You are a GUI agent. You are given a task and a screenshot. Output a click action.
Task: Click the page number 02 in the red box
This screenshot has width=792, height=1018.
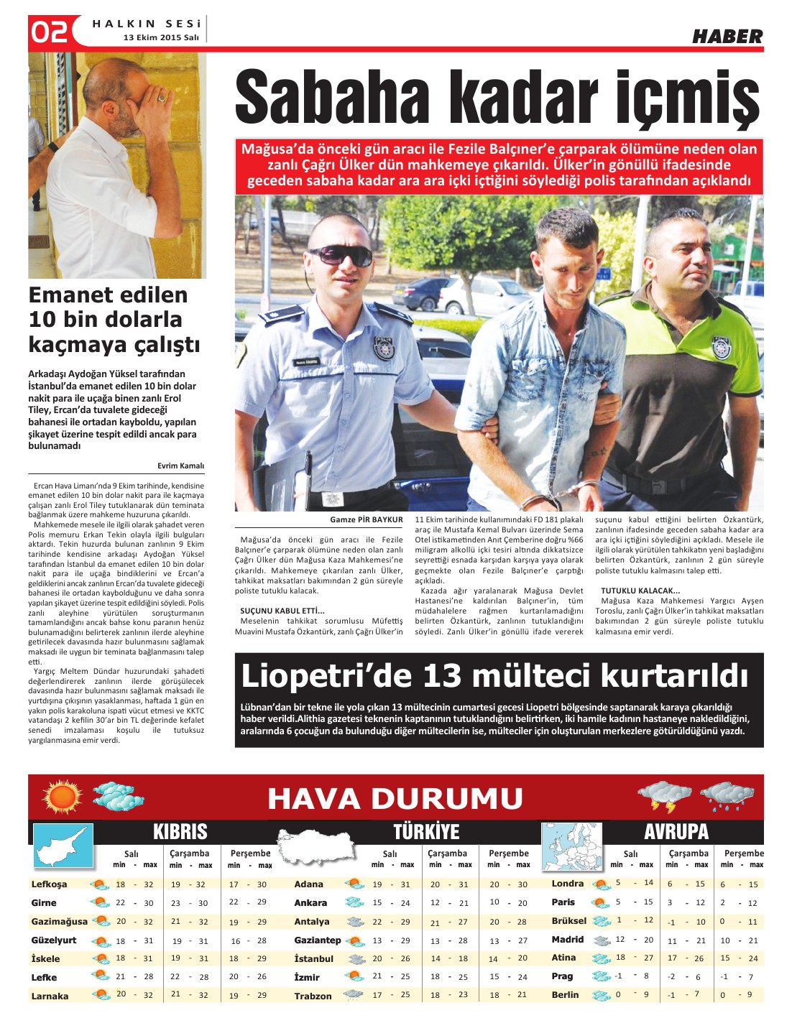pos(49,32)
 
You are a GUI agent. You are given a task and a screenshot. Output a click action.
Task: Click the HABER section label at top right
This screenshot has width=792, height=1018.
pos(727,36)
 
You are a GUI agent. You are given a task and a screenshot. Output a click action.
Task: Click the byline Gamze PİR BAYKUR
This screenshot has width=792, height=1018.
pos(366,519)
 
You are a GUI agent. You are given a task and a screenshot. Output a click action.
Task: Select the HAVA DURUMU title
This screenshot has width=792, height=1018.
pos(395,798)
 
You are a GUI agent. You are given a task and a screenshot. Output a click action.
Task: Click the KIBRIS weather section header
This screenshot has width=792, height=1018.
pos(180,832)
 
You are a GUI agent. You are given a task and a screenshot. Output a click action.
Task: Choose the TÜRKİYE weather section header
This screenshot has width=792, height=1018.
pos(425,832)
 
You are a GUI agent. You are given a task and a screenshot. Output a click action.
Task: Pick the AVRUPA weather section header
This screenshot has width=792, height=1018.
pos(676,832)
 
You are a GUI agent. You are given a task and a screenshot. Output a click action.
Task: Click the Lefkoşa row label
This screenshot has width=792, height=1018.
pos(49,884)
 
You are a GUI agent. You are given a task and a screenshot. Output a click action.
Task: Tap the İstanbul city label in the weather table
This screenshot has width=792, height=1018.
pos(313,959)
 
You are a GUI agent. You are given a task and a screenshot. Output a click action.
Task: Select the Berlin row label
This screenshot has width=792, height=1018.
pos(565,995)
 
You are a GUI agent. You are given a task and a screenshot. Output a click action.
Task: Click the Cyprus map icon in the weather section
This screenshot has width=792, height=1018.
pos(63,846)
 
